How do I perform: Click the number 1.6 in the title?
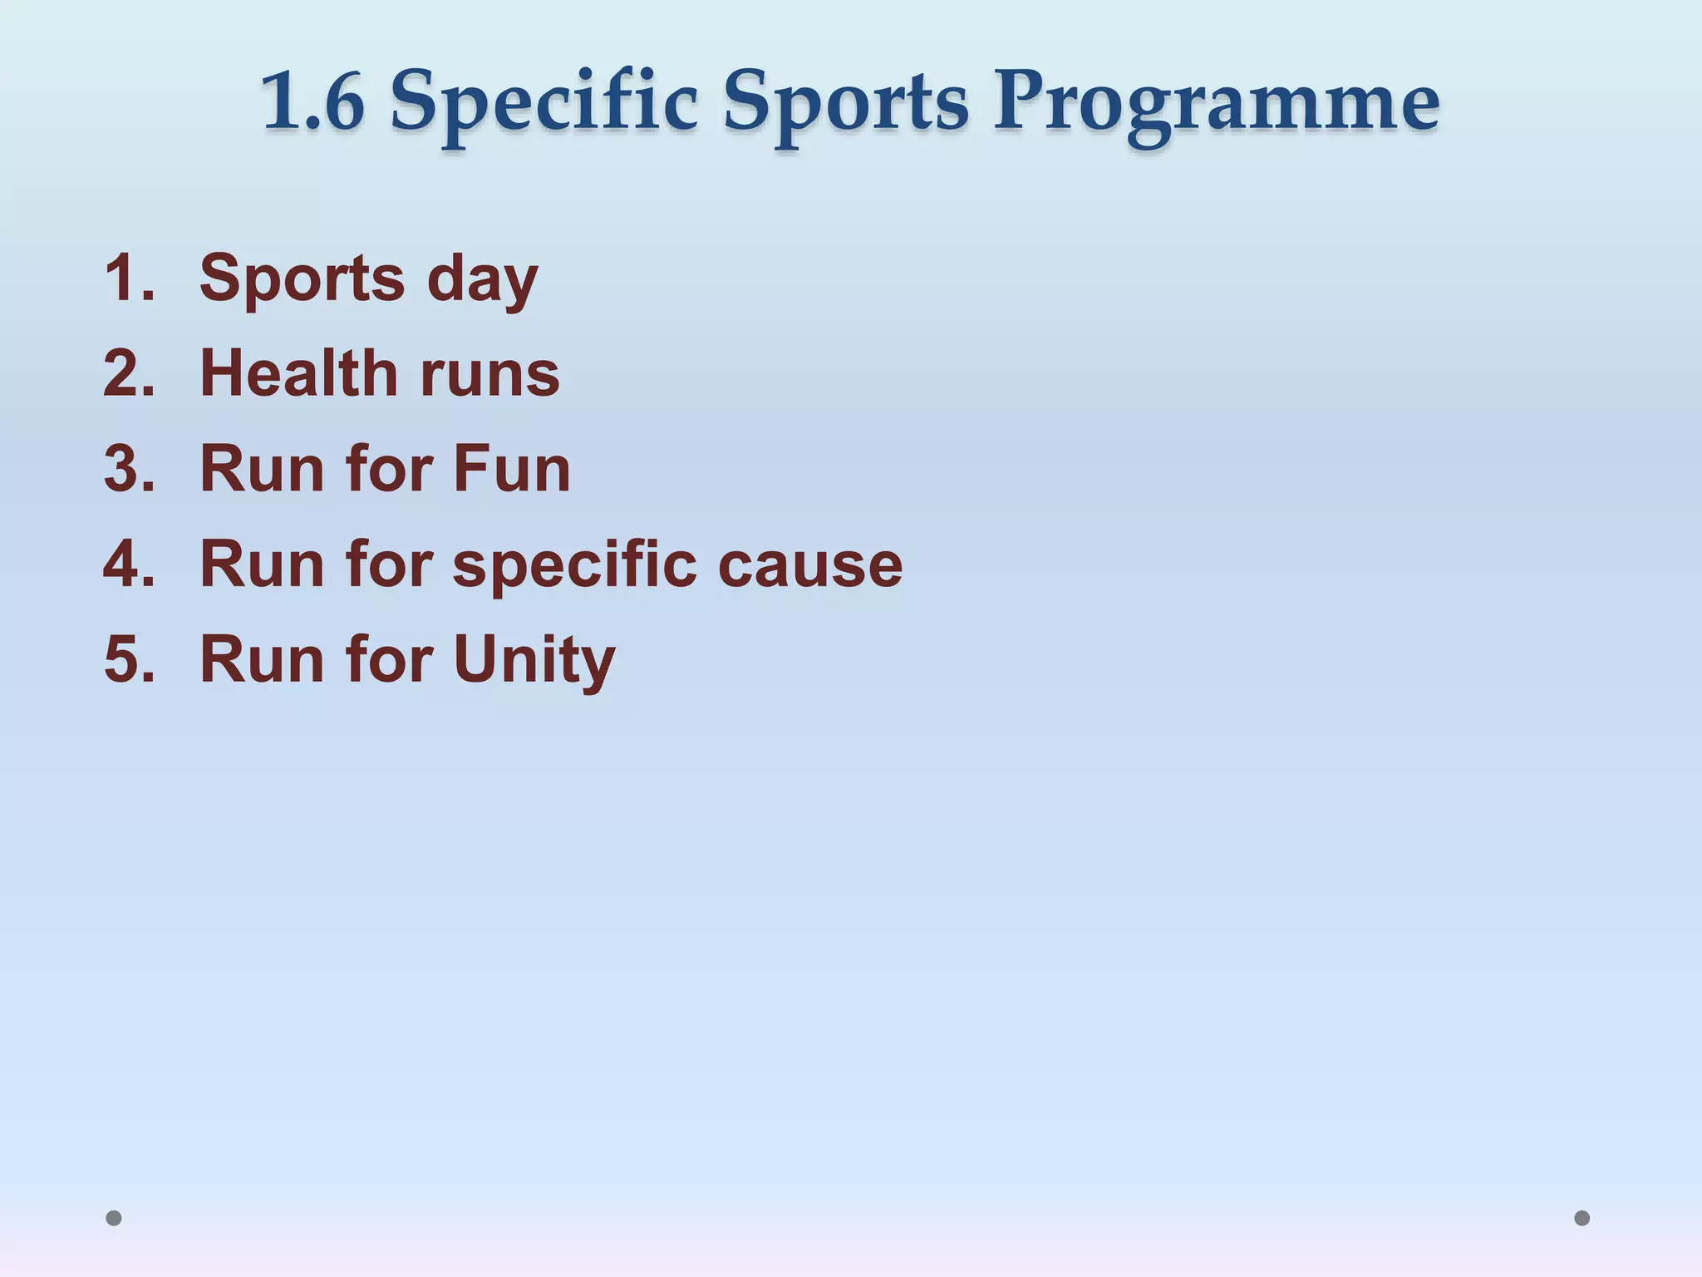312,101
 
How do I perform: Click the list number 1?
129,278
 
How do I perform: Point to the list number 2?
129,373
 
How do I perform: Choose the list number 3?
129,469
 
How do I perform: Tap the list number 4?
129,565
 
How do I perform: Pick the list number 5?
129,660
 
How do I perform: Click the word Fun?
512,469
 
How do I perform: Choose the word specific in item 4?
574,566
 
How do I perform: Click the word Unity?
534,662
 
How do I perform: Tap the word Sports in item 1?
303,279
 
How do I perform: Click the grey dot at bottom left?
114,1218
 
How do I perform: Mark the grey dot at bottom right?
1582,1218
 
